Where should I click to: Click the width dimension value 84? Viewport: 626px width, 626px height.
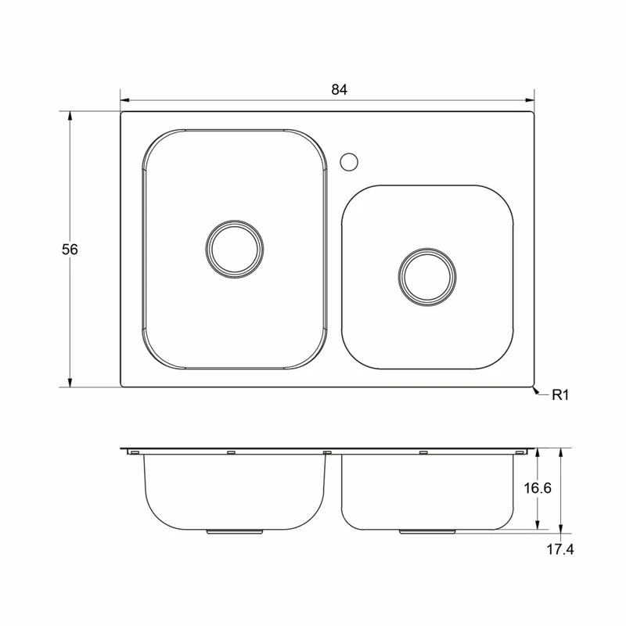click(x=340, y=89)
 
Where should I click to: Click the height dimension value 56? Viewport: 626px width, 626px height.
click(x=70, y=250)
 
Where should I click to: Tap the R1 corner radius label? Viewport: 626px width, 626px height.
click(x=559, y=395)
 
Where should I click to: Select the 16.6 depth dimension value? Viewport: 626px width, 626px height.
click(x=538, y=487)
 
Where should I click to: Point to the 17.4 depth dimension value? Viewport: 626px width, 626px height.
click(x=559, y=549)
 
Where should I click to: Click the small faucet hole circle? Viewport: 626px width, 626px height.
click(x=349, y=162)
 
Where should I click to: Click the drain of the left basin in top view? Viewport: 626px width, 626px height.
click(x=235, y=249)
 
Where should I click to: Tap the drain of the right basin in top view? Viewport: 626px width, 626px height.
click(x=427, y=277)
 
